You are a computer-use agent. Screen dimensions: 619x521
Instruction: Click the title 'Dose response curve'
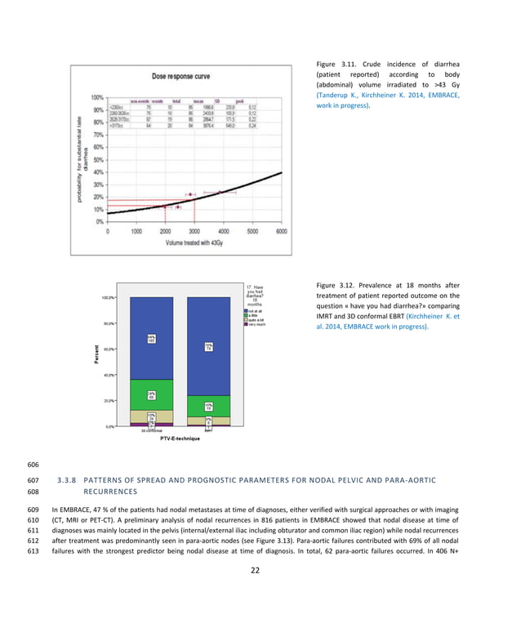coord(182,76)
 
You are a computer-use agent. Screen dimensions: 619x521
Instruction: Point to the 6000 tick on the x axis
coord(282,230)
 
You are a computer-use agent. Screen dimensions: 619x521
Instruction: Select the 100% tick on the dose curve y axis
coord(97,97)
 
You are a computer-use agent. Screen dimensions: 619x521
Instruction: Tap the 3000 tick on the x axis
coord(195,230)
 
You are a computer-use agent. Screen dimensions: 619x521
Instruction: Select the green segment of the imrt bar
coord(209,406)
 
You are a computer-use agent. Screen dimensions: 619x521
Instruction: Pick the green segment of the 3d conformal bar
coord(152,394)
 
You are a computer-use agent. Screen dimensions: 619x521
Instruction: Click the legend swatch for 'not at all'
coord(244,309)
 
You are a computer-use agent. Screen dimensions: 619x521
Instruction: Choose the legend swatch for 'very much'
coord(244,325)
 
